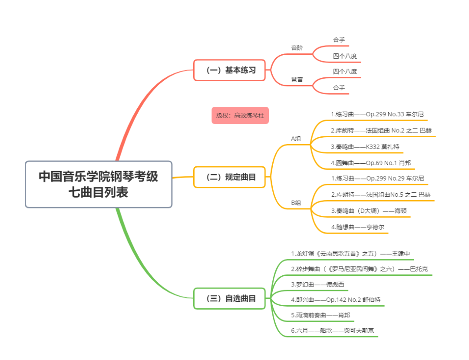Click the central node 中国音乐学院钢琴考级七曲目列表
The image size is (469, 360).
coord(99,184)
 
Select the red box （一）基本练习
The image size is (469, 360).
coord(229,70)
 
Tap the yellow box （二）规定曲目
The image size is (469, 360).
coord(229,177)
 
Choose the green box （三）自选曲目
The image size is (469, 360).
coord(229,298)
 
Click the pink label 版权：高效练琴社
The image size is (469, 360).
coord(240,116)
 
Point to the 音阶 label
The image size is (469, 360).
coord(297,48)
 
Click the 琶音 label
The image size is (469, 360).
coord(297,79)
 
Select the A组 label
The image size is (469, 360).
coord(296,139)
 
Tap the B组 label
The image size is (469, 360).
coord(296,203)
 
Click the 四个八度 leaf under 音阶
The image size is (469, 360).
coord(345,56)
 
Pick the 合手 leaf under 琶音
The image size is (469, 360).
coord(339,88)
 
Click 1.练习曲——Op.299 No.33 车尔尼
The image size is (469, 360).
coord(377,114)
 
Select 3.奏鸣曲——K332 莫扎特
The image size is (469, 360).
coord(365,147)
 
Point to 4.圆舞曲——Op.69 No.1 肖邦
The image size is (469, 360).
coord(370,163)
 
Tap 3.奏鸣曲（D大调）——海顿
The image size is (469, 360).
coord(368,211)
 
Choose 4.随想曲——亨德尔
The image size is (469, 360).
coord(357,227)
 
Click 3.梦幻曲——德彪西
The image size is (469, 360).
coord(317,284)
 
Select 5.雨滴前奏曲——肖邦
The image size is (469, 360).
coord(320,315)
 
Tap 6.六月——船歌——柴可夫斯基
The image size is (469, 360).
coord(332,330)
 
